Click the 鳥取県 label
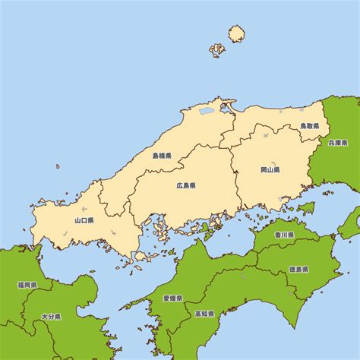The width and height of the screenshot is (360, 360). (x=309, y=126)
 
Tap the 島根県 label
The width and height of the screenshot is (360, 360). (x=162, y=156)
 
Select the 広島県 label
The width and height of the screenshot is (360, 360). (x=186, y=185)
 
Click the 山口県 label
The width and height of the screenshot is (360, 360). (x=84, y=220)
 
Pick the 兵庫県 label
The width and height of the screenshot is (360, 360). (x=337, y=142)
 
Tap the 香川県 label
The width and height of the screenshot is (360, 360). (x=284, y=235)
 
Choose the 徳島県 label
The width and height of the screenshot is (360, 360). (x=299, y=269)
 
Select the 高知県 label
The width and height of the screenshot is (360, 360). (x=204, y=313)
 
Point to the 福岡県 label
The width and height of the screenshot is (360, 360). (x=27, y=286)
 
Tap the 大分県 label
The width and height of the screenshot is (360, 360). (x=51, y=316)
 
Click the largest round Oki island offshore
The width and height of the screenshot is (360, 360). (x=237, y=33)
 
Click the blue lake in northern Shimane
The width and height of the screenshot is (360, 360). (x=207, y=111)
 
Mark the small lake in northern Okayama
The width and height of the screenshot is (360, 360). (x=265, y=136)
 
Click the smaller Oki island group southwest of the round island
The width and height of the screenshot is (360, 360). (x=217, y=50)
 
